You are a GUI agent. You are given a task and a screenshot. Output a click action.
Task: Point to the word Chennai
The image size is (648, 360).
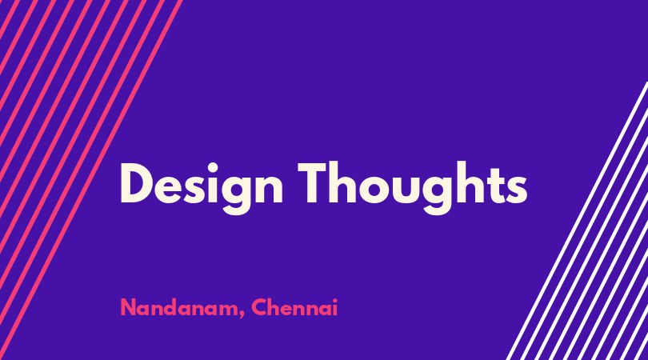click(x=294, y=307)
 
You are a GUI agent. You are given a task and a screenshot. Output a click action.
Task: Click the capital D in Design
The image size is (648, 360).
click(x=135, y=183)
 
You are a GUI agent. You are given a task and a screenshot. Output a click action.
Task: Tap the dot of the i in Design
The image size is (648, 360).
click(x=213, y=167)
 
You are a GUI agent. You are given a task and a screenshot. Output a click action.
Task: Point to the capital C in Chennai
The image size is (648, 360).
click(x=260, y=307)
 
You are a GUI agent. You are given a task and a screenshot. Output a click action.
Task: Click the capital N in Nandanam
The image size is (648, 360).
click(x=129, y=307)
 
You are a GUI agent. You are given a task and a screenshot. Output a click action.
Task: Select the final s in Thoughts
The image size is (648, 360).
click(x=517, y=190)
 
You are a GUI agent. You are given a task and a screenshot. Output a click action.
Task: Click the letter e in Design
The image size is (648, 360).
click(x=168, y=190)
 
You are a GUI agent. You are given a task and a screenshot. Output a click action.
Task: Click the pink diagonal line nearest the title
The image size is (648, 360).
click(x=91, y=180)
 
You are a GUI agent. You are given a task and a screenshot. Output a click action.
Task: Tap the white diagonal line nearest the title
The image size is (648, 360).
click(x=578, y=221)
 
